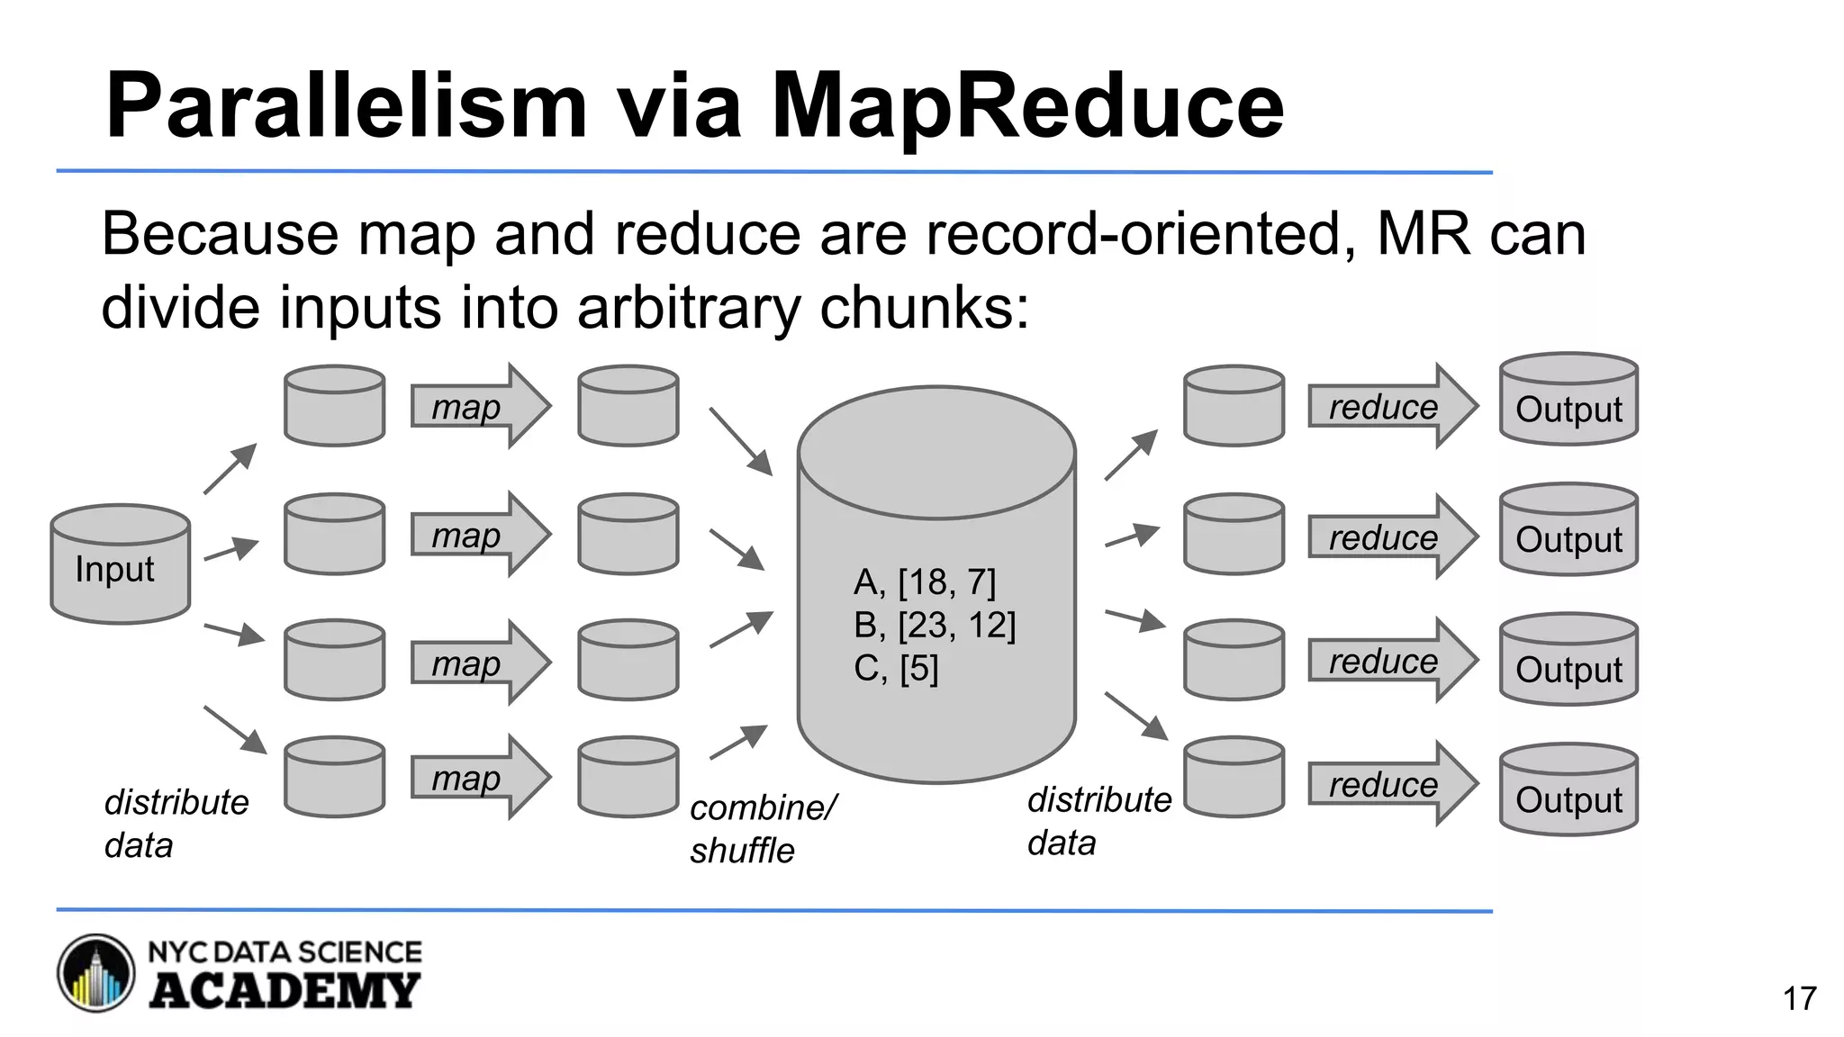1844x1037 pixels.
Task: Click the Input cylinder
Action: click(120, 564)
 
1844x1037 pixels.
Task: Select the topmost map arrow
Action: click(478, 406)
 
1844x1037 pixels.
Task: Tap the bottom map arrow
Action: click(478, 778)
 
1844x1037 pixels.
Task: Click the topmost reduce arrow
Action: click(1390, 407)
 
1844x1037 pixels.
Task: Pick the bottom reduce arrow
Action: click(1390, 784)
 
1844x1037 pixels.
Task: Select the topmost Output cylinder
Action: click(1568, 401)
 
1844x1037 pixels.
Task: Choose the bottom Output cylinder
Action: click(1568, 791)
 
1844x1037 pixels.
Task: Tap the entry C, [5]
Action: click(896, 669)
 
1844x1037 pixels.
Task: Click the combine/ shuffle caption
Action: click(762, 829)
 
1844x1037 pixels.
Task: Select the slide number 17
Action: click(1799, 998)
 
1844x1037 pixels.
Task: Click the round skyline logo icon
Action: click(96, 973)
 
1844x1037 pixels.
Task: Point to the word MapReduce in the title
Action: click(1027, 106)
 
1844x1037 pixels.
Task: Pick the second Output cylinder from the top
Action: click(1568, 531)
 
